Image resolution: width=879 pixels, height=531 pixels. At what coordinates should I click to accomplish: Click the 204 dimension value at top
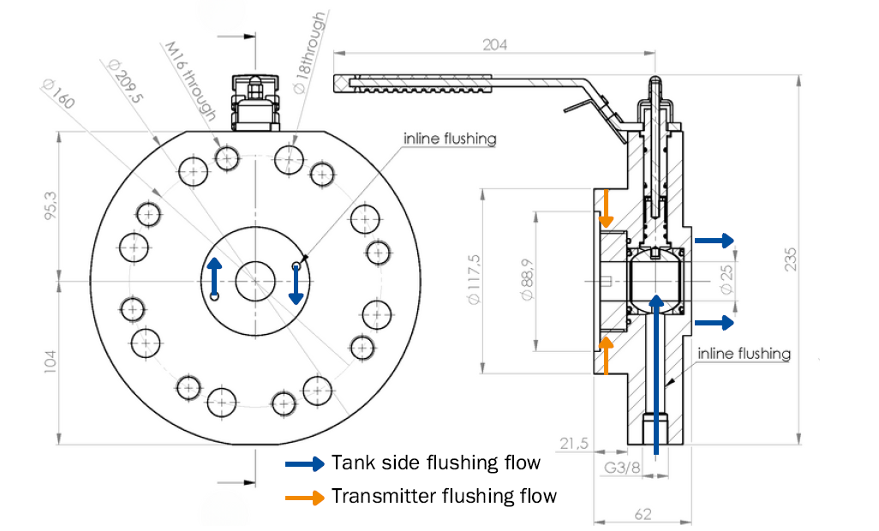pos(494,45)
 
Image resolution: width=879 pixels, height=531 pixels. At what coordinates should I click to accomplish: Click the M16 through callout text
pos(188,82)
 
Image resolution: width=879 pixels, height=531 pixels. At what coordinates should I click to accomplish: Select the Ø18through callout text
pos(309,53)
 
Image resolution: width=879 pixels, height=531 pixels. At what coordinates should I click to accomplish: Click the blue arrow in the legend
pos(305,464)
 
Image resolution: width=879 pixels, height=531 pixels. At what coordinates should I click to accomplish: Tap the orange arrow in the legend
pos(305,496)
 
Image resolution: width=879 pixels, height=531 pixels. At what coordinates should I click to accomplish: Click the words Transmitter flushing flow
pos(444,496)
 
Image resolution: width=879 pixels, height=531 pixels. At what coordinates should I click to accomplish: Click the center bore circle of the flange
pos(254,279)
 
